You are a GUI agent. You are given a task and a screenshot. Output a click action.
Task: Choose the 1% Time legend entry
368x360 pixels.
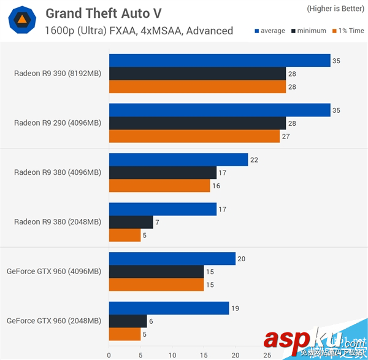[x=347, y=31]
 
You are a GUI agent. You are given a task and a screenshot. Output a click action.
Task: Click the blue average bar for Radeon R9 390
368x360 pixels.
[x=220, y=60]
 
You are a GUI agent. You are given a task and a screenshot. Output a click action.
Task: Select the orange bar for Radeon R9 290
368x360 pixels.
[x=194, y=136]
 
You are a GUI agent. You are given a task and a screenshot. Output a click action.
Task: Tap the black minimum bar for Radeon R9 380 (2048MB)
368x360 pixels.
[x=131, y=222]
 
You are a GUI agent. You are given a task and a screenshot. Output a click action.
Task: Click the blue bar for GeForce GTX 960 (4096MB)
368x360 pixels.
[x=172, y=259]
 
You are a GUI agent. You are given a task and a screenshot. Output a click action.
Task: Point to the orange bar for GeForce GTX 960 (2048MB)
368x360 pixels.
[x=125, y=334]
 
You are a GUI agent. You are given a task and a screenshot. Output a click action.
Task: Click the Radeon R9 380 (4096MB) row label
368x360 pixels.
[x=57, y=172]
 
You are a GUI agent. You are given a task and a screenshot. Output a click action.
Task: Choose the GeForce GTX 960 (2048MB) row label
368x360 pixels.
[x=54, y=321]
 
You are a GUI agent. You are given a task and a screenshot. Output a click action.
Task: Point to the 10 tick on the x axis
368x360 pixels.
[x=172, y=354]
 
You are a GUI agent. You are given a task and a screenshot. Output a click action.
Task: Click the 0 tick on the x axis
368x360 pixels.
[x=109, y=354]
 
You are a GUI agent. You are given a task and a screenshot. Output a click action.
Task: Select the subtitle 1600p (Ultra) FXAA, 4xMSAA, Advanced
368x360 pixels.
[x=139, y=31]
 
